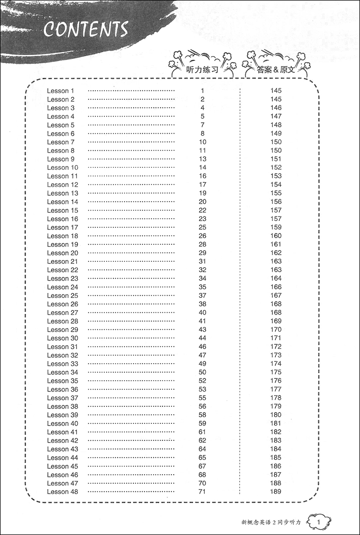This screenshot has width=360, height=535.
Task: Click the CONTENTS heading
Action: (86, 30)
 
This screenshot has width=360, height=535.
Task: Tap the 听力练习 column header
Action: (202, 70)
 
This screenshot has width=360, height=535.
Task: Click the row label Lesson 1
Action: (61, 91)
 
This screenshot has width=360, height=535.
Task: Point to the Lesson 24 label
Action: (63, 287)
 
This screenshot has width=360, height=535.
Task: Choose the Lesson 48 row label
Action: (63, 492)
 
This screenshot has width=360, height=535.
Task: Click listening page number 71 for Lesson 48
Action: (202, 492)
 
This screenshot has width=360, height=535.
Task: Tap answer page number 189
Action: (276, 492)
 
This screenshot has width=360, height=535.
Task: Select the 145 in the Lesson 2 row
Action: (276, 99)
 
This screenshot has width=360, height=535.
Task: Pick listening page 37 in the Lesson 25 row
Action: (202, 296)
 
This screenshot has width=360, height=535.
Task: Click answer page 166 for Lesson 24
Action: (276, 287)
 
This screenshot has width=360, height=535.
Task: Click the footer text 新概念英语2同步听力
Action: (273, 522)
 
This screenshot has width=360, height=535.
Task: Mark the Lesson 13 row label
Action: (63, 193)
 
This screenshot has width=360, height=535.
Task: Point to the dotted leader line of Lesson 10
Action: (131, 168)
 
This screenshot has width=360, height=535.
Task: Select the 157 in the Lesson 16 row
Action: (276, 219)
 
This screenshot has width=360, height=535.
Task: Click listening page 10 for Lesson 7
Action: (202, 142)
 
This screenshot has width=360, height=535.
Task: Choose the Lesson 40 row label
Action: (63, 423)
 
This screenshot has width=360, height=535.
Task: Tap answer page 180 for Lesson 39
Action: (276, 415)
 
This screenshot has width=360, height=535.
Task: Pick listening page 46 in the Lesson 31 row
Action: (202, 347)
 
